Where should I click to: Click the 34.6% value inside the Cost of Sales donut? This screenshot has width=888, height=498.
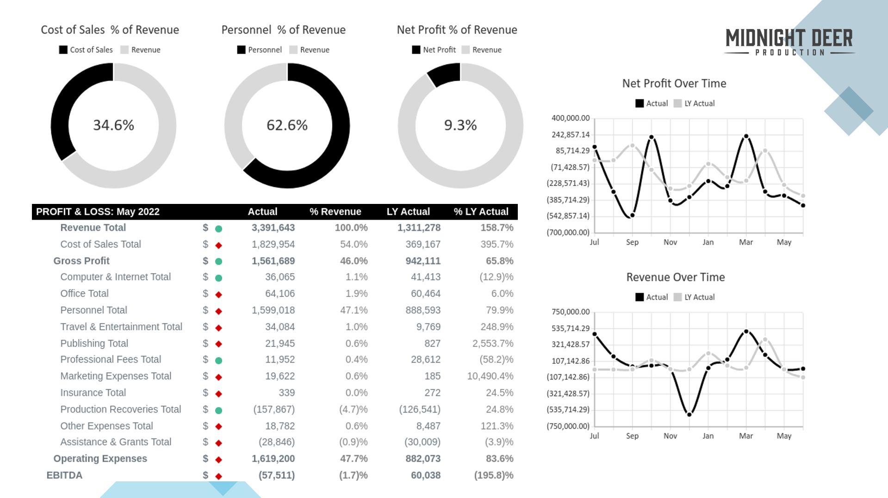pos(113,125)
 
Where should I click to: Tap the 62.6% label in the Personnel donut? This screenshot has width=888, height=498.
pos(287,125)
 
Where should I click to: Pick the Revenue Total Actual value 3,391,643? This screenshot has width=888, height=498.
pos(273,227)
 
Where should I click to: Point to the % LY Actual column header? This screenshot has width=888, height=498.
pos(481,212)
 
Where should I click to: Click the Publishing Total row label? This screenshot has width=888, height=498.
pos(94,343)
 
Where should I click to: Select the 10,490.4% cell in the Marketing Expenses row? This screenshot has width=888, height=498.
pos(490,376)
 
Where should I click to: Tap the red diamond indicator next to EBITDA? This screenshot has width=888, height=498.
pos(219,476)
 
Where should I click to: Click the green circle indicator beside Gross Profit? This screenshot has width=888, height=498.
pos(219,261)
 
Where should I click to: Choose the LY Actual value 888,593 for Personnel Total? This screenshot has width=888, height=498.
pos(423,310)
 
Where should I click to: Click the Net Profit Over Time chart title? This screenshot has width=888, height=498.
pos(674,83)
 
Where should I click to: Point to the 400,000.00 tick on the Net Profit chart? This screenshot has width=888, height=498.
pos(571,118)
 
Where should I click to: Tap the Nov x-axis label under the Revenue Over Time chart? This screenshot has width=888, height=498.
pos(670,436)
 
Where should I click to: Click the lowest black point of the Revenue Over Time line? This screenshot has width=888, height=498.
pos(689,414)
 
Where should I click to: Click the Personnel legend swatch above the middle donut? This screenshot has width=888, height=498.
pos(241,49)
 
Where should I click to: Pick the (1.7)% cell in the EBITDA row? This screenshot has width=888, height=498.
pos(353,475)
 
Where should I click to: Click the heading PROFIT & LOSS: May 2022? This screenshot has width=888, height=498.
pos(98,212)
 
